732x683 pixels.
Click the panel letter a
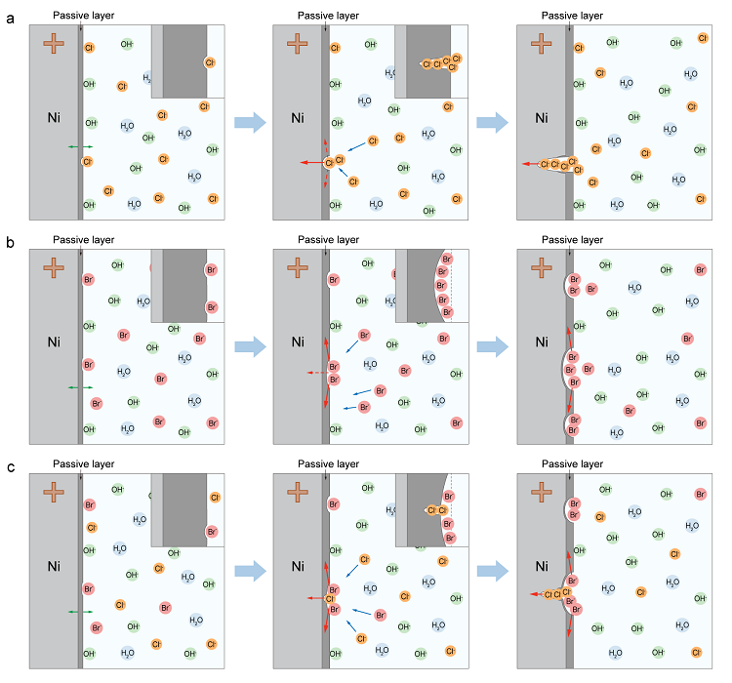point(11,18)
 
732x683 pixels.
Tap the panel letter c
point(11,466)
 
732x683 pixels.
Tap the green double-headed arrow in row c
point(80,612)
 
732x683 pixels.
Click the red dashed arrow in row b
point(314,373)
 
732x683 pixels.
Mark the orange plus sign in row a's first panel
point(55,44)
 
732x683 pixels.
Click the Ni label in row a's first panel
point(57,118)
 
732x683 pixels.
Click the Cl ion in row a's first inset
point(210,62)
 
